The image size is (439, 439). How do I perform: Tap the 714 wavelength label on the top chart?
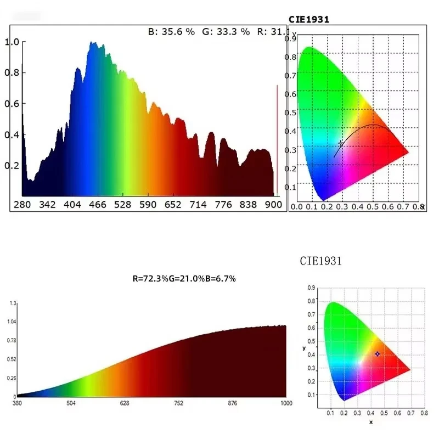pyautogui.click(x=198, y=205)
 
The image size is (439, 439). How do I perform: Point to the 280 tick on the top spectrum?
pyautogui.click(x=21, y=205)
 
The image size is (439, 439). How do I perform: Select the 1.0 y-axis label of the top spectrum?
pyautogui.click(x=12, y=42)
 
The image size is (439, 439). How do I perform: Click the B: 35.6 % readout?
pyautogui.click(x=171, y=32)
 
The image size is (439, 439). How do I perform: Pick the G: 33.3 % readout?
pyautogui.click(x=226, y=32)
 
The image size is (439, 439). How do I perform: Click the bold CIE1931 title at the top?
pyautogui.click(x=309, y=19)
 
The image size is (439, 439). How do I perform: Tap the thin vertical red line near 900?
pyautogui.click(x=277, y=140)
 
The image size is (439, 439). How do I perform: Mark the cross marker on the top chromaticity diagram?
pyautogui.click(x=341, y=143)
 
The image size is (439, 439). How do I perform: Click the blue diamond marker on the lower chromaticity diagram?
pyautogui.click(x=377, y=354)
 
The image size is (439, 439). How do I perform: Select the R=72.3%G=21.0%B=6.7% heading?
pyautogui.click(x=184, y=278)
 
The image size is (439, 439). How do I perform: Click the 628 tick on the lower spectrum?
pyautogui.click(x=125, y=403)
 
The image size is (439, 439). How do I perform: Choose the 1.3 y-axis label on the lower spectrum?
pyautogui.click(x=13, y=303)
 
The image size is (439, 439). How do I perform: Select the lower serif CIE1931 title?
pyautogui.click(x=321, y=261)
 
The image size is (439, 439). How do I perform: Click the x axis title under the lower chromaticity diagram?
pyautogui.click(x=370, y=421)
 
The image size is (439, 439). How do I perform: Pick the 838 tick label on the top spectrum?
pyautogui.click(x=248, y=205)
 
